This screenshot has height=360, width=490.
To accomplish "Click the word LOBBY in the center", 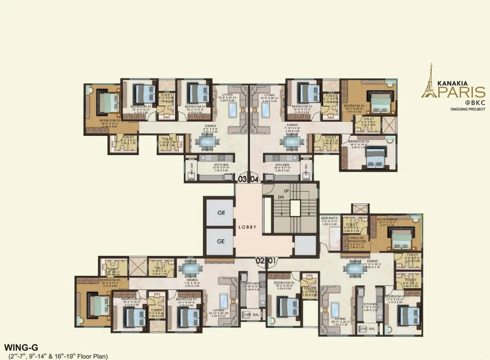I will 247,227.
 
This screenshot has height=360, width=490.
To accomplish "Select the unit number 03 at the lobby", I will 242,180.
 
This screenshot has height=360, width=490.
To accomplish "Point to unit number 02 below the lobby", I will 259,260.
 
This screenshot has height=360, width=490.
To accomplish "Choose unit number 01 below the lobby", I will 272,260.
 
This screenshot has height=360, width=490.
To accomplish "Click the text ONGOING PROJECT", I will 468,109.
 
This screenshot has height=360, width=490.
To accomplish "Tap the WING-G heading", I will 18,347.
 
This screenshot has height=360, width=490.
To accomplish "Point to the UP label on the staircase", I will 286,190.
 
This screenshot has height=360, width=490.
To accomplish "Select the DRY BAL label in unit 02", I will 249,315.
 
